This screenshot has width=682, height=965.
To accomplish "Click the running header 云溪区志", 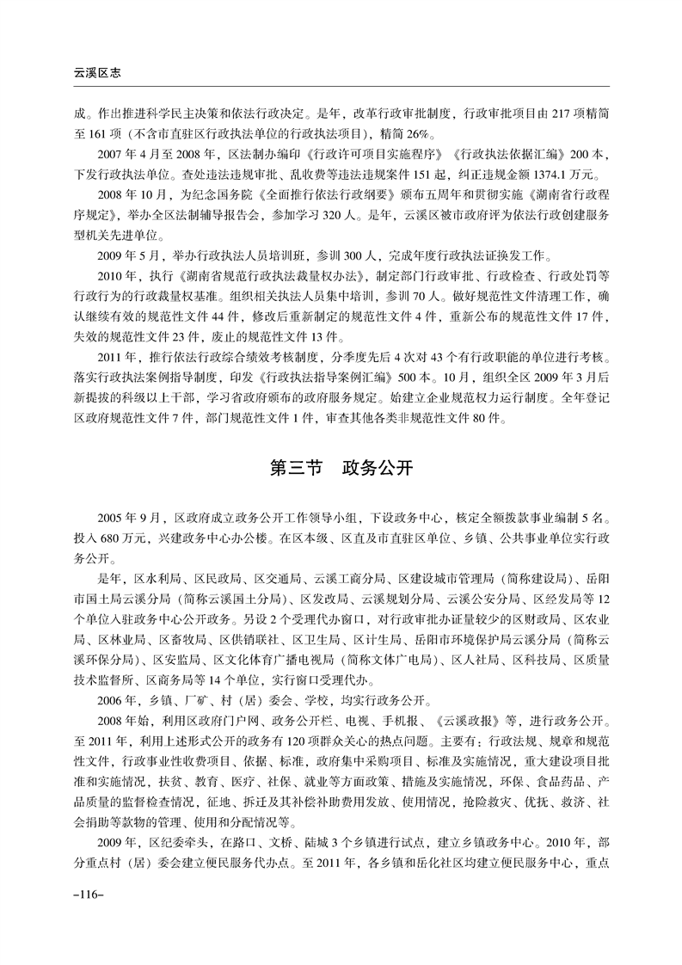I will click(96, 74).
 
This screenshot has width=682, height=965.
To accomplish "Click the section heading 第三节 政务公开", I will click(341, 470).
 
